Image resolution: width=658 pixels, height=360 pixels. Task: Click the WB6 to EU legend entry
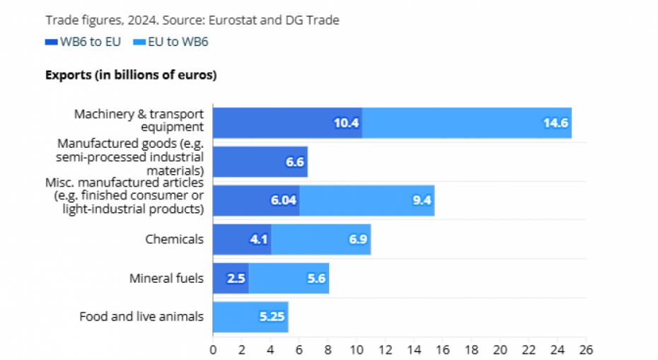tap(83, 42)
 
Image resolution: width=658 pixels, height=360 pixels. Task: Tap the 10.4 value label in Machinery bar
tap(347, 123)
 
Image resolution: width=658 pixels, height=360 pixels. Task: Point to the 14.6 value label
tap(555, 123)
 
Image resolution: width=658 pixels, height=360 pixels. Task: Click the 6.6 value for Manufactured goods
tap(295, 162)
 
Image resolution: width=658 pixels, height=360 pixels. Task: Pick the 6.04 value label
tap(283, 201)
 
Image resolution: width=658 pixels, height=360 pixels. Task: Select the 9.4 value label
tap(422, 201)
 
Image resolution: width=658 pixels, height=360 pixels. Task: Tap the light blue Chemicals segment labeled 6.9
tap(321, 239)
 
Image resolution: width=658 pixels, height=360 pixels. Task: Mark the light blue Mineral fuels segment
tap(289, 278)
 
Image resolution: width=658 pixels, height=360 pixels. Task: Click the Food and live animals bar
tap(250, 317)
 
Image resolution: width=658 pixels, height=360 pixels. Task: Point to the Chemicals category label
tap(174, 239)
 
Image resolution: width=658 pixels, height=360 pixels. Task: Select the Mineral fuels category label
tap(166, 278)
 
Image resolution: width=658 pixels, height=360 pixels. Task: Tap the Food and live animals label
tap(141, 317)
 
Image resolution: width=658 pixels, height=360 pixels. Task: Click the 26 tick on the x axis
tap(585, 349)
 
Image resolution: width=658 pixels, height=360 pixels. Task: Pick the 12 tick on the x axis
tap(385, 349)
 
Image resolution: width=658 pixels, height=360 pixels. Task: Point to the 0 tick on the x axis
tap(213, 349)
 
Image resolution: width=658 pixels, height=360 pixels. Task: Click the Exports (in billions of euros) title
tap(131, 75)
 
